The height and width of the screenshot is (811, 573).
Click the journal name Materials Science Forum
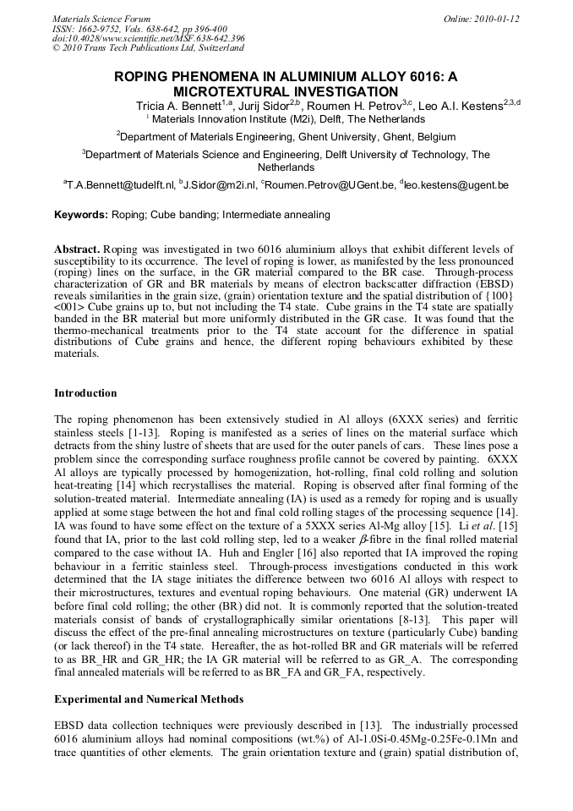101,18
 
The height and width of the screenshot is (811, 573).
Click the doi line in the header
149,38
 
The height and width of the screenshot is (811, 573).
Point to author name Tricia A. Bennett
178,106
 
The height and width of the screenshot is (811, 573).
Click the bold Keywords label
81,215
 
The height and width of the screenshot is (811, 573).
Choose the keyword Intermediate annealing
280,215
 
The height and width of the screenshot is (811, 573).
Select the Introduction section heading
85,393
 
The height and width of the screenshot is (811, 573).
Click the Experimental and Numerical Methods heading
149,699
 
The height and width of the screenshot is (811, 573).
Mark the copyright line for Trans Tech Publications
149,48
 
